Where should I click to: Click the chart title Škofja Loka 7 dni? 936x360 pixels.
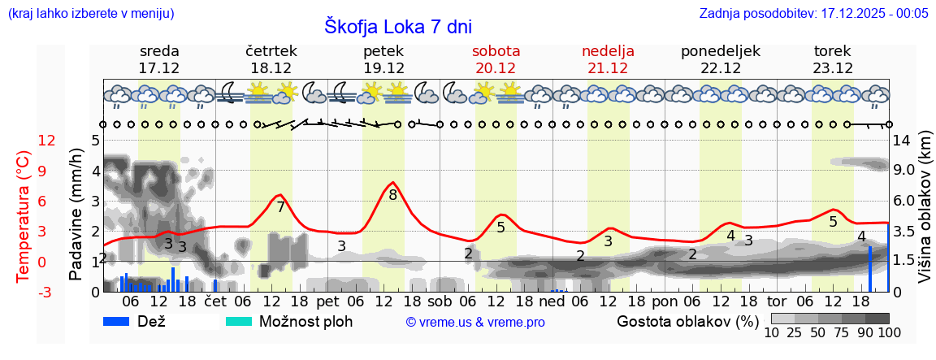click(x=397, y=25)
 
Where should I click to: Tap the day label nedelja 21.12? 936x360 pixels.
click(x=608, y=59)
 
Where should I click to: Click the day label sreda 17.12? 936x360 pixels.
click(x=159, y=59)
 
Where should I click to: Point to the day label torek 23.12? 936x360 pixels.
click(x=833, y=59)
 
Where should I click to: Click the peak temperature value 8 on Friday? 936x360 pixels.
click(x=392, y=195)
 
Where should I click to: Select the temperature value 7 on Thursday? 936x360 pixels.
click(x=280, y=207)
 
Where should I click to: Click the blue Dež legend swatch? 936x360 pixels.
click(x=118, y=321)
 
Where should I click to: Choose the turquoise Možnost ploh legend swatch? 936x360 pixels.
click(x=239, y=321)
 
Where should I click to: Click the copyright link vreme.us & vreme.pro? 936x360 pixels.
click(x=475, y=323)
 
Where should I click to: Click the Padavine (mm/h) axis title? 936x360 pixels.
click(x=76, y=215)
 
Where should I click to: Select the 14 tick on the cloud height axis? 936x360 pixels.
click(x=902, y=140)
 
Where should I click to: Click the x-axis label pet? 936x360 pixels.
click(x=327, y=301)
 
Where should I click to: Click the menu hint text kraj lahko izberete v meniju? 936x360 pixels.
click(x=90, y=14)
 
